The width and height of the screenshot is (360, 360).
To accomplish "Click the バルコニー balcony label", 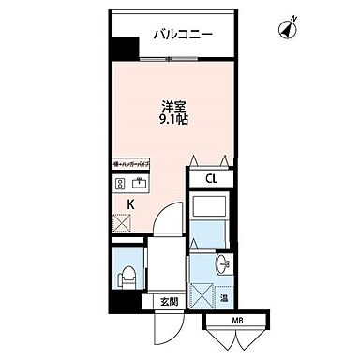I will (x=183, y=35).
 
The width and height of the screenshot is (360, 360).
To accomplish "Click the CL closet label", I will (x=213, y=180).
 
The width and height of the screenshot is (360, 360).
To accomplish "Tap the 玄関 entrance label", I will (x=168, y=302).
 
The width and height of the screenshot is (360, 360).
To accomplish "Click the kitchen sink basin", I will (x=141, y=183).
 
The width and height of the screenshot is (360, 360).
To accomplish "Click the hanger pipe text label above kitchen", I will (x=128, y=164).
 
